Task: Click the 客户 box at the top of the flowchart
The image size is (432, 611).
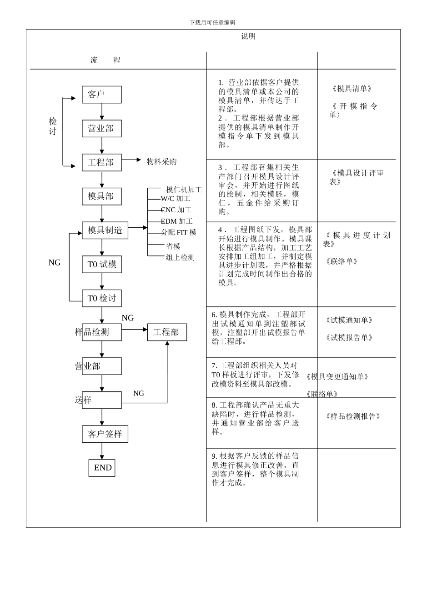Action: coord(102,95)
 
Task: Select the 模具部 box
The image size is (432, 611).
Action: coord(102,196)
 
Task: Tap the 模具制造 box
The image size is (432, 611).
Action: coord(105,230)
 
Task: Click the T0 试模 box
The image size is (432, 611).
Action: coord(102,264)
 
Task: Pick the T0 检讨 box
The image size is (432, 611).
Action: coord(102,298)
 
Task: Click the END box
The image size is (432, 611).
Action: coord(102,468)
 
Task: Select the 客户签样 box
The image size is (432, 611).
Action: coord(105,434)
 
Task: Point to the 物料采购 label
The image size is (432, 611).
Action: coord(161,162)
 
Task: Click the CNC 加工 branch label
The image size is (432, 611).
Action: coord(176,210)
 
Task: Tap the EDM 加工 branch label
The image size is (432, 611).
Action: coord(176,221)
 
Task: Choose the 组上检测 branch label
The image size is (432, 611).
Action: coord(181,257)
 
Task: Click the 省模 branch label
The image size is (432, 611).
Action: coord(173,246)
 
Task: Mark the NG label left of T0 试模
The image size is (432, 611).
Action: coord(55,262)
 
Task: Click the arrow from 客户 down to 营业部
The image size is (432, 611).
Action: coord(102,111)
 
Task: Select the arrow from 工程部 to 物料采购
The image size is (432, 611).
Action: coord(131,160)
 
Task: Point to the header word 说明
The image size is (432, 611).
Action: coord(248,36)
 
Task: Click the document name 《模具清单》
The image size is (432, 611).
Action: coord(352,88)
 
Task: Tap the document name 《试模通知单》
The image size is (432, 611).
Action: coord(349,320)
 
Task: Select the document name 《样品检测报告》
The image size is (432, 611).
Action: coord(353,416)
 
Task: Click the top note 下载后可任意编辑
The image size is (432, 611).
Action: coord(212,23)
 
